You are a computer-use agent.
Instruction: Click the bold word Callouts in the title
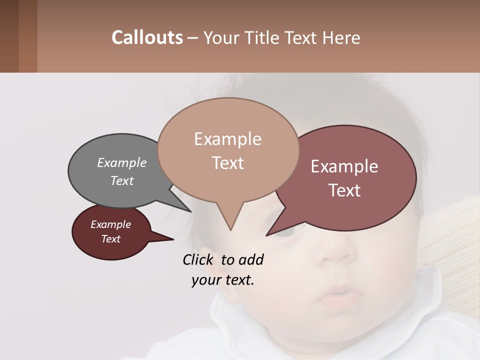click(147, 37)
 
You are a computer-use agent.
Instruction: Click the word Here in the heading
click(341, 37)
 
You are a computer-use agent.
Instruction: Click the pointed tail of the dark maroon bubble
click(167, 239)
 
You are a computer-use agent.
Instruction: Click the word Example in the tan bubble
click(227, 139)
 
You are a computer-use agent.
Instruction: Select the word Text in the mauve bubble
click(345, 190)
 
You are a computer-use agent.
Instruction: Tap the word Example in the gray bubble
click(122, 163)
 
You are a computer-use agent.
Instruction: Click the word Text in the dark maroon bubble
click(111, 239)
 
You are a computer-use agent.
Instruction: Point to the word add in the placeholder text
click(250, 260)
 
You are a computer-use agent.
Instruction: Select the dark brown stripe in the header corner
click(9, 36)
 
